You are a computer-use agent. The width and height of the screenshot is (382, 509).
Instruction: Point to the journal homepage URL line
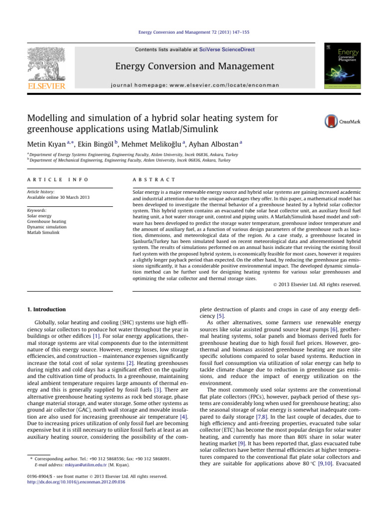191,85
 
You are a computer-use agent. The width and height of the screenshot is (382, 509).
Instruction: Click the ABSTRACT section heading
151,179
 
